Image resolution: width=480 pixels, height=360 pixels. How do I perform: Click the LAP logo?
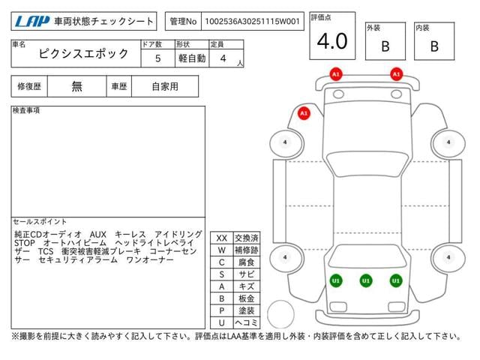pyautogui.click(x=32, y=22)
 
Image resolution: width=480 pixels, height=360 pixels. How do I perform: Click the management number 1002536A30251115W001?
pyautogui.click(x=252, y=22)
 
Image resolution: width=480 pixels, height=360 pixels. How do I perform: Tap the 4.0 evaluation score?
pyautogui.click(x=332, y=41)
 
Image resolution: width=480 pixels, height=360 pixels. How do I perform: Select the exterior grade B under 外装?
pyautogui.click(x=385, y=46)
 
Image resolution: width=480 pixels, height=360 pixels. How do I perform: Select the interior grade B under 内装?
pyautogui.click(x=434, y=46)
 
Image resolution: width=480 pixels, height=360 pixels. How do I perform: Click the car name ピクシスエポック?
pyautogui.click(x=83, y=53)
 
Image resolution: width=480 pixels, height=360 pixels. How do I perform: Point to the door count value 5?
pyautogui.click(x=157, y=58)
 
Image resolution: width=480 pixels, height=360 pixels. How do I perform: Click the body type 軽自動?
pyautogui.click(x=192, y=58)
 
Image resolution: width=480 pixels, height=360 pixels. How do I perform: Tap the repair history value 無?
pyautogui.click(x=76, y=87)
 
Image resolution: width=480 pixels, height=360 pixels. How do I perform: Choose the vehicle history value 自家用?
pyautogui.click(x=165, y=87)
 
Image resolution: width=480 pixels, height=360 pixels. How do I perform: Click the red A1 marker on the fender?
pyautogui.click(x=304, y=113)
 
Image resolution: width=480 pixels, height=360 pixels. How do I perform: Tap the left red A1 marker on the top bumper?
pyautogui.click(x=336, y=74)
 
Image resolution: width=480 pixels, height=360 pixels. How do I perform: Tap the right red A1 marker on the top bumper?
pyautogui.click(x=397, y=74)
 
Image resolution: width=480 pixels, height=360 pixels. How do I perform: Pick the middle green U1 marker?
pyautogui.click(x=366, y=280)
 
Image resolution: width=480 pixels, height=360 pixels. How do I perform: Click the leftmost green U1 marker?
pyautogui.click(x=336, y=280)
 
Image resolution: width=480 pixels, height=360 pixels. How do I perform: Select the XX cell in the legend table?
pyautogui.click(x=222, y=238)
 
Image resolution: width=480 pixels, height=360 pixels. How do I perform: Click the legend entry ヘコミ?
pyautogui.click(x=247, y=322)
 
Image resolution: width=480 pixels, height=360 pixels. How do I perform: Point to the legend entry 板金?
pyautogui.click(x=247, y=298)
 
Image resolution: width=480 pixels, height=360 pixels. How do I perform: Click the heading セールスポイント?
pyautogui.click(x=40, y=221)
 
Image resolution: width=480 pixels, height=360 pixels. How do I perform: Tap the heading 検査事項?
pyautogui.click(x=26, y=110)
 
